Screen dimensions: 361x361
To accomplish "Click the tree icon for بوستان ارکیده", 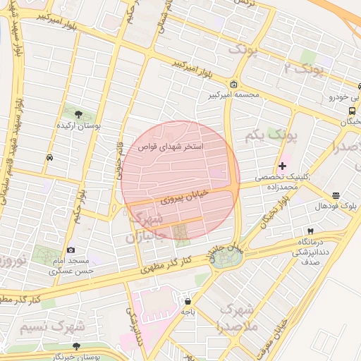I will pyautogui.click(x=77, y=113).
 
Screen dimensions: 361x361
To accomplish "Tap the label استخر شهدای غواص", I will pyautogui.click(x=174, y=147).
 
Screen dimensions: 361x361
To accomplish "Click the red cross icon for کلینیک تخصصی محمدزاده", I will pyautogui.click(x=282, y=166).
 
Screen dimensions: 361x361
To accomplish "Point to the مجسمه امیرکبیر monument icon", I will pyautogui.click(x=233, y=85).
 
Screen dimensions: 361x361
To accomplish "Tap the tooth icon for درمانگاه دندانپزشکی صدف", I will pyautogui.click(x=310, y=231).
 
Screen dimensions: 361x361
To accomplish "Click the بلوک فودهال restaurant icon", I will pyautogui.click(x=335, y=195).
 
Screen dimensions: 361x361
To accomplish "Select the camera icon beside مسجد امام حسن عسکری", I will pyautogui.click(x=71, y=250).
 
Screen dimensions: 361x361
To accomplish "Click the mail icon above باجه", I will pyautogui.click(x=187, y=300).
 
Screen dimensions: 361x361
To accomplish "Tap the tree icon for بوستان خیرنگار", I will pyautogui.click(x=76, y=346).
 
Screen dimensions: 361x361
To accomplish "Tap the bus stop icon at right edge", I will pyautogui.click(x=352, y=111).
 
